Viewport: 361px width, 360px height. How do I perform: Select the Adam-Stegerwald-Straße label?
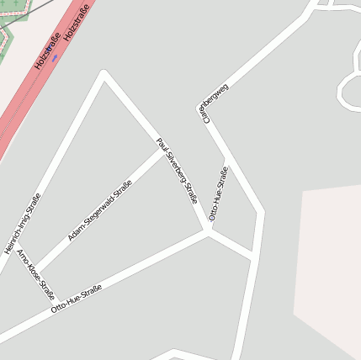click(100, 211)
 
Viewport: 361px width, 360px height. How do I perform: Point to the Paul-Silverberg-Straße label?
click(178, 171)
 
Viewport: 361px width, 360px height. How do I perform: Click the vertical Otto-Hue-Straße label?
click(218, 193)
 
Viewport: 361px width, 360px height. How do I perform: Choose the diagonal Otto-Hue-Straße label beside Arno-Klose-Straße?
click(77, 299)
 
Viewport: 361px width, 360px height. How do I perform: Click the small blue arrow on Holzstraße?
click(55, 58)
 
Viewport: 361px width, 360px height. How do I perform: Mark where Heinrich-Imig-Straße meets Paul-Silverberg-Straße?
click(104, 73)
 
